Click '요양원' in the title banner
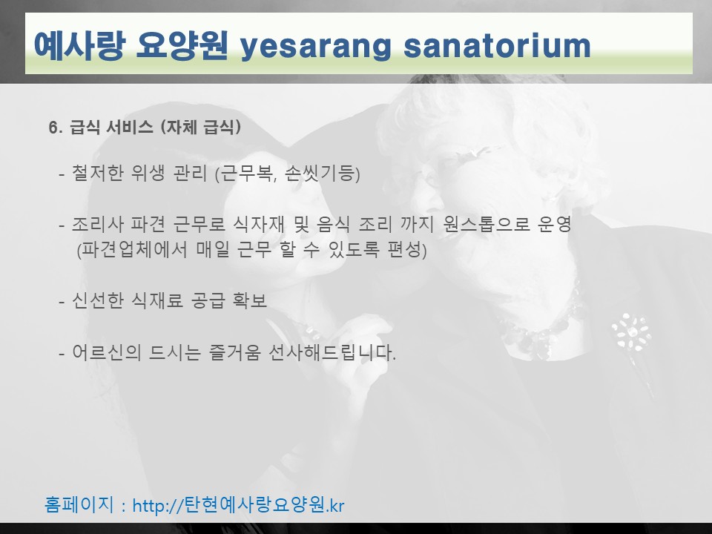click(x=182, y=45)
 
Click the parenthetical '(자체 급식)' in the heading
click(x=201, y=127)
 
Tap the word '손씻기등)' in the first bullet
click(x=323, y=173)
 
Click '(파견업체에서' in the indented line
click(x=132, y=250)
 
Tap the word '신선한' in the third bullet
click(x=97, y=300)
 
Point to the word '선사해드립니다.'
click(x=332, y=352)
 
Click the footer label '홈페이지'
click(x=79, y=504)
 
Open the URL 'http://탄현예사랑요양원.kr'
click(x=238, y=505)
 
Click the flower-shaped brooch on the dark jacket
click(x=631, y=332)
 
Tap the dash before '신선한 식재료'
click(x=62, y=302)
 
